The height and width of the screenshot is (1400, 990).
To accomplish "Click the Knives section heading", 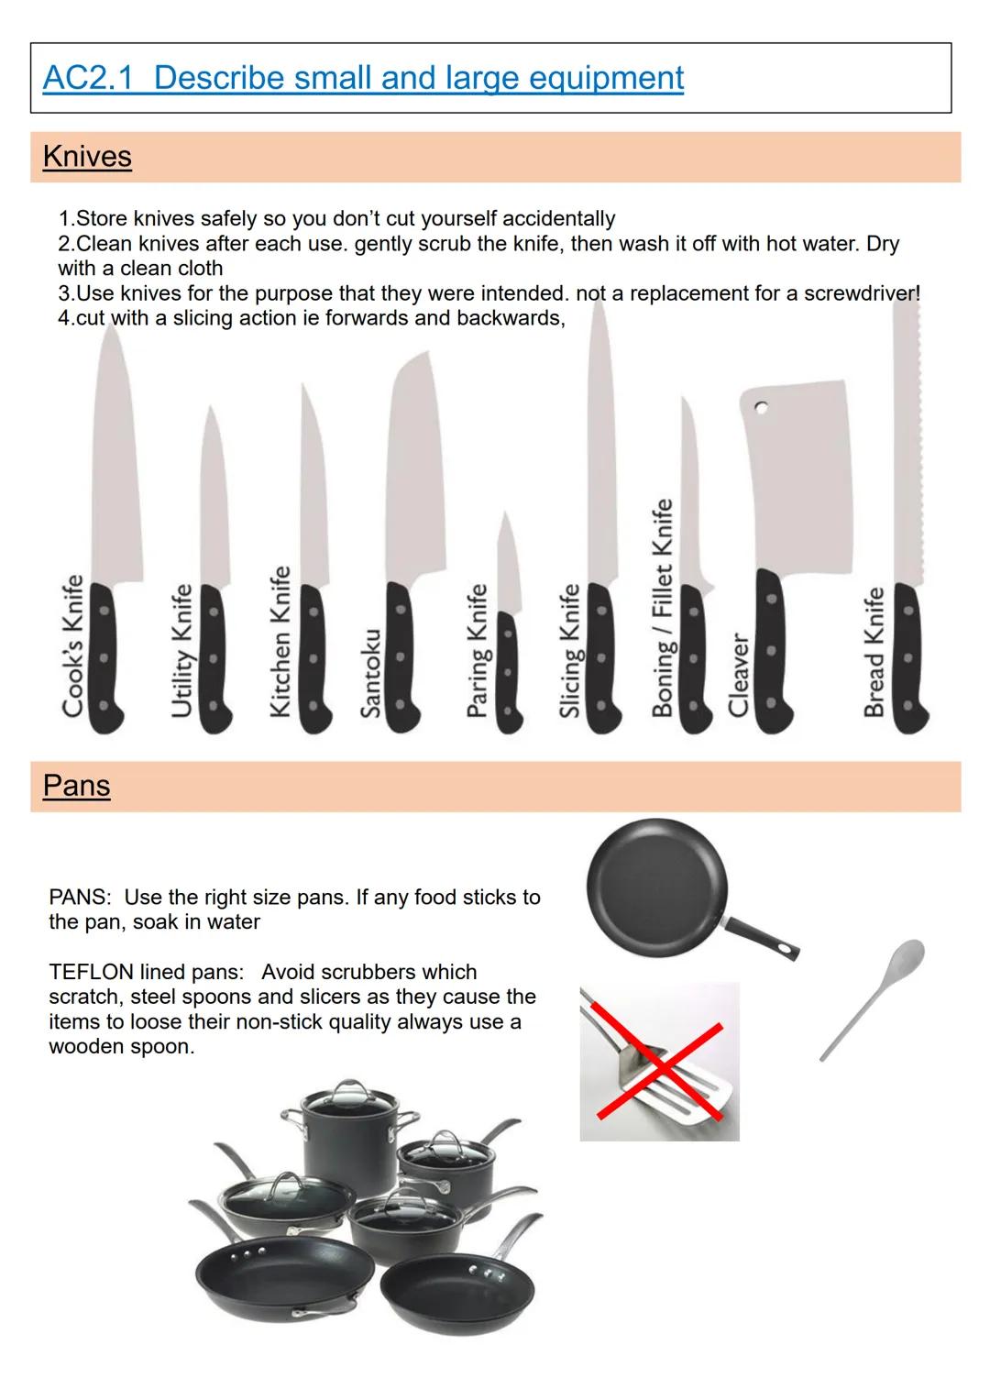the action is pyautogui.click(x=87, y=156).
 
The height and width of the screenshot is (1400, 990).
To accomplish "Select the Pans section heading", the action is pyautogui.click(x=76, y=786).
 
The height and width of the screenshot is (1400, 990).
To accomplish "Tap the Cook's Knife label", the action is pyautogui.click(x=72, y=645).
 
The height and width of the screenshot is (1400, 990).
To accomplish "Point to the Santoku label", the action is pyautogui.click(x=370, y=673).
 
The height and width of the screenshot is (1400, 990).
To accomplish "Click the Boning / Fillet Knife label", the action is pyautogui.click(x=662, y=607).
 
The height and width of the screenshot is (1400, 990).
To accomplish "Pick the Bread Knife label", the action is pyautogui.click(x=874, y=652).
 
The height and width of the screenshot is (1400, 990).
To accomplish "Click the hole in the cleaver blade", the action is pyautogui.click(x=761, y=408).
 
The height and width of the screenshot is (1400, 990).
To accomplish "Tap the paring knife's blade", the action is pyautogui.click(x=508, y=563).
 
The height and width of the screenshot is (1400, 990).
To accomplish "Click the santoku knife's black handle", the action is pyautogui.click(x=401, y=656).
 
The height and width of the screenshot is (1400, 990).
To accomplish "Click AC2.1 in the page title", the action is pyautogui.click(x=88, y=78).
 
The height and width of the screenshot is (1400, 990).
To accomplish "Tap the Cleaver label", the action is pyautogui.click(x=738, y=675).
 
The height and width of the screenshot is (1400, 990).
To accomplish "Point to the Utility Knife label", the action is pyautogui.click(x=181, y=651).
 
